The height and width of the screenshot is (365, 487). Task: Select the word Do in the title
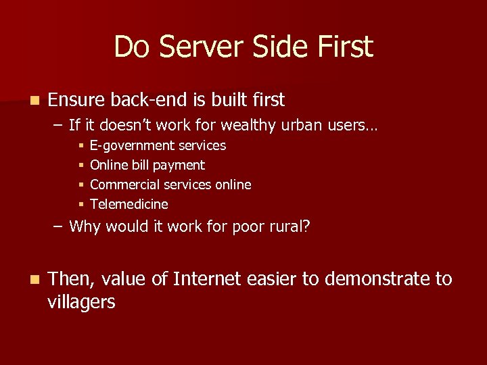point(129,47)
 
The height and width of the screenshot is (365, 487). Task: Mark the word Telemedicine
point(129,204)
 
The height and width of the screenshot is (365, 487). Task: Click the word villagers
point(81,302)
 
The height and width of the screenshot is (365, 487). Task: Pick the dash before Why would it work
point(58,226)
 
